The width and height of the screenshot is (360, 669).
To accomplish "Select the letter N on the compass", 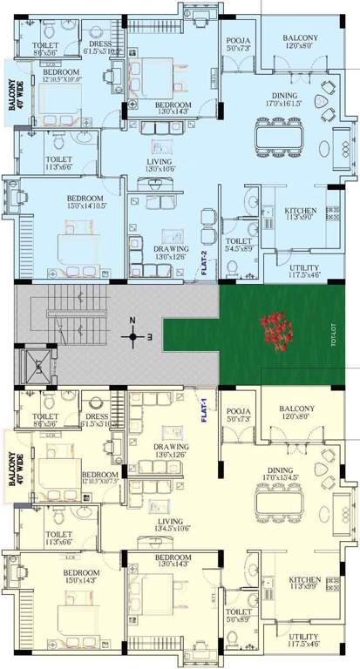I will click(x=132, y=319).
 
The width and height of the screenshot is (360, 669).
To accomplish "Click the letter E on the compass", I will click(x=150, y=335).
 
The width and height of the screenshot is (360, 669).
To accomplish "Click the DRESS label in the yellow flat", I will click(x=98, y=417).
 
